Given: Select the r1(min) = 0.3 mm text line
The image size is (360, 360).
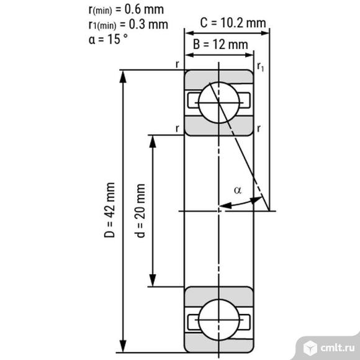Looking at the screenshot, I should tap(128, 24).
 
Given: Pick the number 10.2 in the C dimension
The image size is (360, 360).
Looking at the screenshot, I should tap(235, 23).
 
